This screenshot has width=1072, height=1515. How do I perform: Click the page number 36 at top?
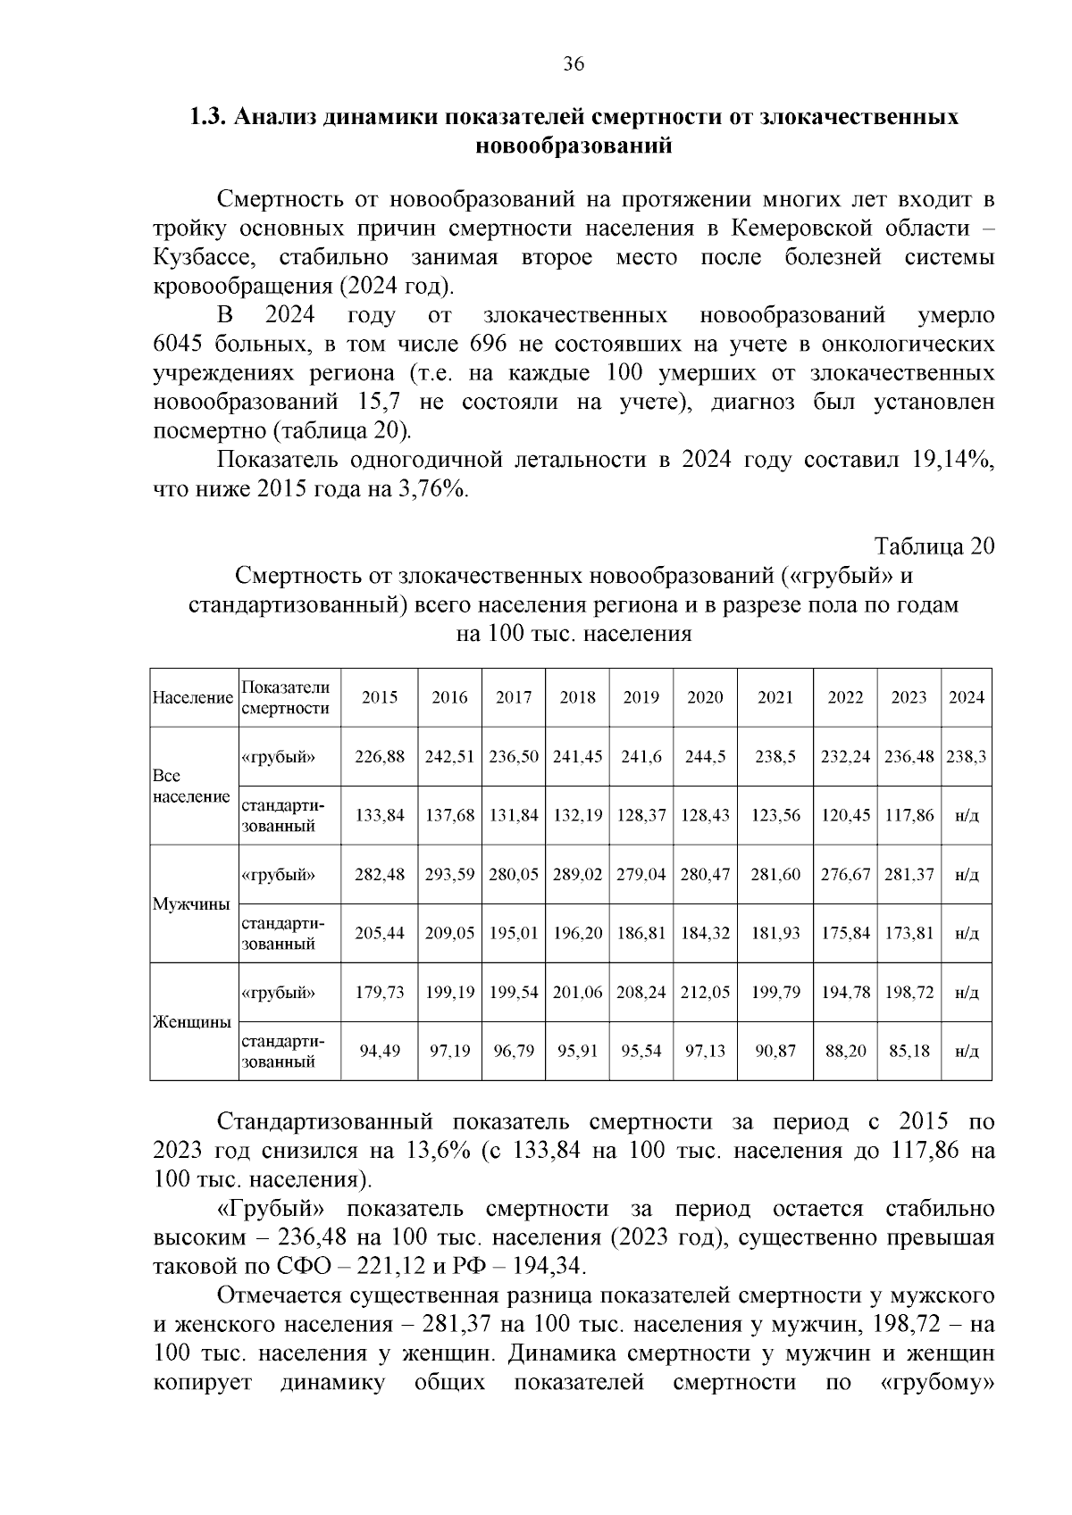coord(573,64)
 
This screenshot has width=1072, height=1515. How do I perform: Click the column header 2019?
coord(641,698)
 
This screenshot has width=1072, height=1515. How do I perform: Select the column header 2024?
coord(966,698)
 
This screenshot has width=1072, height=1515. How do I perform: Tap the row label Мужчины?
coord(191,903)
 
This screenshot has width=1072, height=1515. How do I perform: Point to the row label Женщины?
coord(192,1021)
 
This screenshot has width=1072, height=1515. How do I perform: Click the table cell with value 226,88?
coord(380,757)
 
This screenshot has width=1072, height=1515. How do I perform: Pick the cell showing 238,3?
coord(966,757)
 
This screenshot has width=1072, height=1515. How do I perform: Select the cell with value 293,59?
coord(449,875)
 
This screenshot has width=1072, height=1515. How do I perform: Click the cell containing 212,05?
coord(705,993)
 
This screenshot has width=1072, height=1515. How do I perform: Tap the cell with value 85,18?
coord(909,1052)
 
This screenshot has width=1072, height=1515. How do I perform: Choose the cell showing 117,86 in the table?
coord(909,816)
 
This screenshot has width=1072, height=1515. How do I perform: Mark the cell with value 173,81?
coord(909,934)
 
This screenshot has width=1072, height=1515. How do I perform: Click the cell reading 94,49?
coord(380,1052)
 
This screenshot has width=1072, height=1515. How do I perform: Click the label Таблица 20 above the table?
coord(934,546)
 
